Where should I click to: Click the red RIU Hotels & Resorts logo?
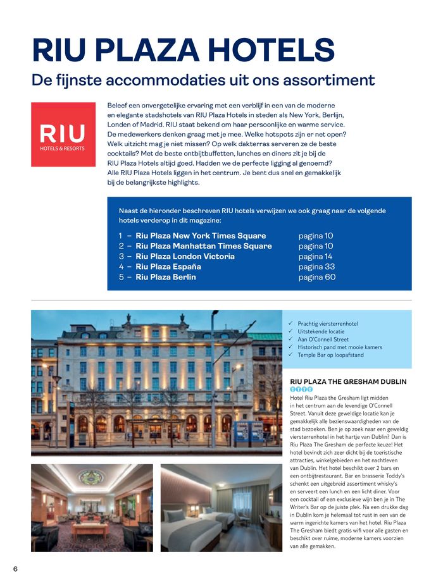click(62, 134)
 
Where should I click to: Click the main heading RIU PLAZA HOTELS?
click(183, 51)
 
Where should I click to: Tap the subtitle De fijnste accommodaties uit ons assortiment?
click(203, 80)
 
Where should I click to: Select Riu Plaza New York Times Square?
click(192, 236)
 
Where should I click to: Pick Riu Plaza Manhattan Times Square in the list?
click(203, 246)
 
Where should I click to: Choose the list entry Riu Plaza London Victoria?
click(185, 256)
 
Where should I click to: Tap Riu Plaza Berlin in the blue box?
click(166, 277)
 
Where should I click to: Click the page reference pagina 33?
click(316, 266)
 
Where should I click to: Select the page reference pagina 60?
click(317, 277)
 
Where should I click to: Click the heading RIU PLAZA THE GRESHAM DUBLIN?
click(348, 381)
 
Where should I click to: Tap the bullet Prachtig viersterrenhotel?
click(328, 324)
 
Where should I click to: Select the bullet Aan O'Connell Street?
click(323, 339)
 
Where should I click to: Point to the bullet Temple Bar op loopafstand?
click(330, 355)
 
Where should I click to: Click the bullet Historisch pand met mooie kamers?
click(340, 347)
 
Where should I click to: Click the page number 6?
click(15, 569)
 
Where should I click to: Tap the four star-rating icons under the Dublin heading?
click(301, 390)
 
